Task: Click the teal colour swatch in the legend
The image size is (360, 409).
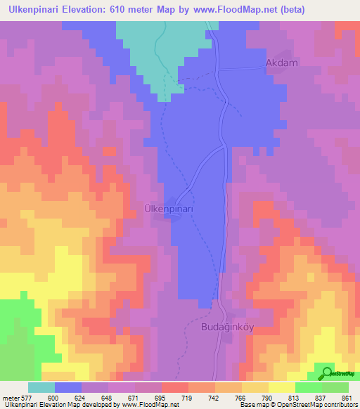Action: tap(41, 387)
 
